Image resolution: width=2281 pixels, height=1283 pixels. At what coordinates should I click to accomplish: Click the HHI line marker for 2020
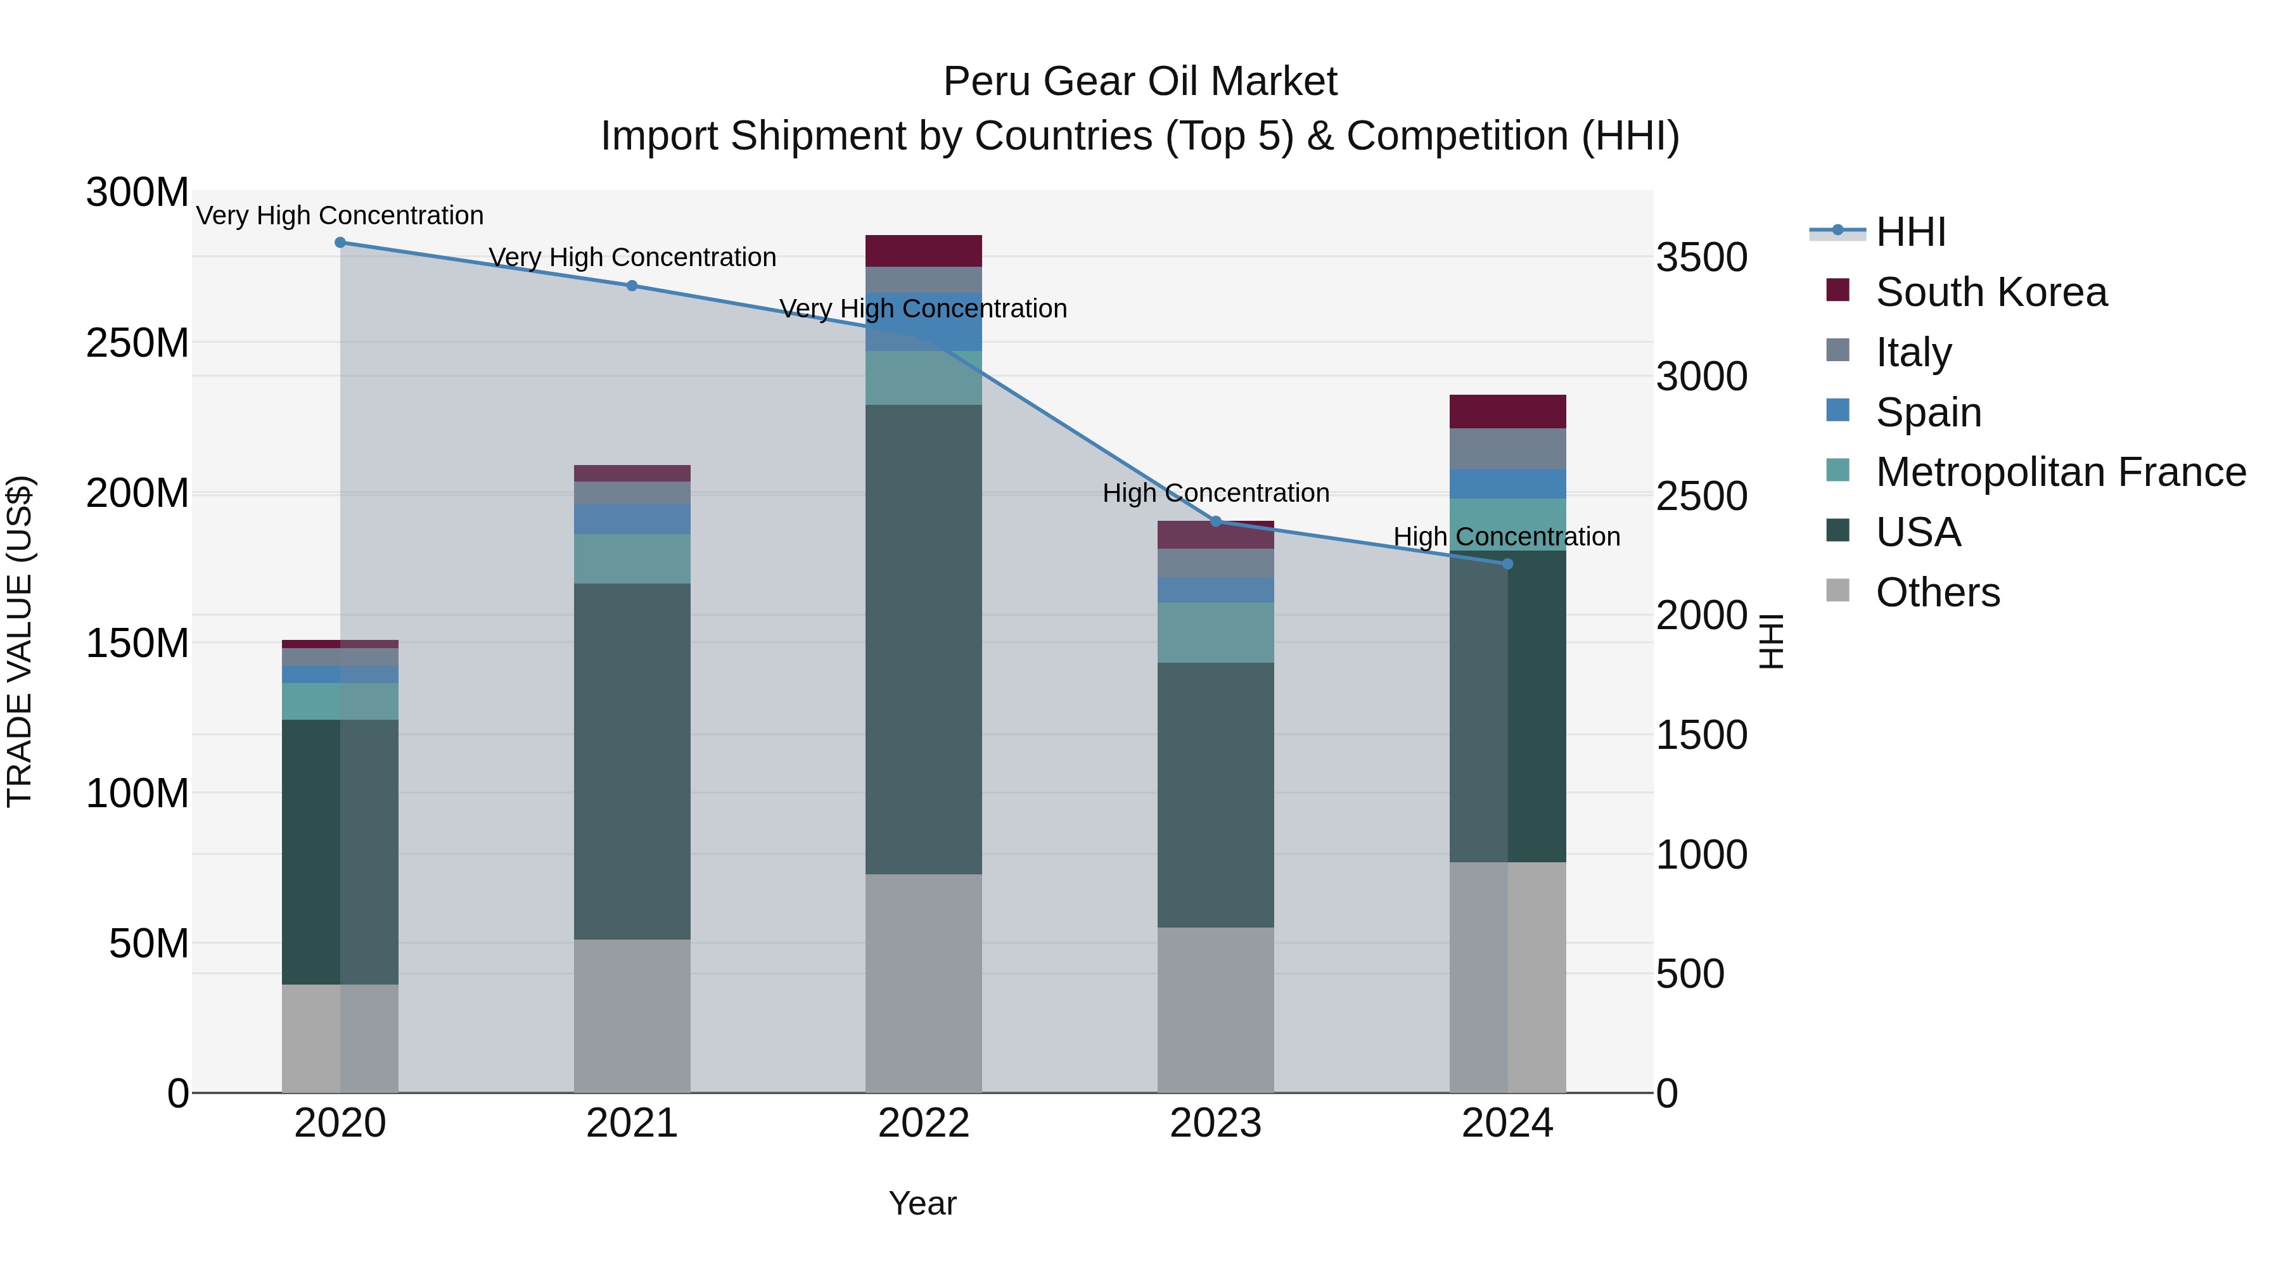coord(340,243)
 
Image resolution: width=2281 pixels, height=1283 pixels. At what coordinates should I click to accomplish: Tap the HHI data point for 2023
coord(1216,521)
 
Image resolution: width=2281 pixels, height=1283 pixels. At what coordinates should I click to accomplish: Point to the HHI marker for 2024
coord(1508,564)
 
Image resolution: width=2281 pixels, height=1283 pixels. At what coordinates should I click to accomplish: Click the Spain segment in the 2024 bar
coord(1508,484)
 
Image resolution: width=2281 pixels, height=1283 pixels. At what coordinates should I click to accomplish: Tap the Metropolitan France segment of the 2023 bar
coord(1216,633)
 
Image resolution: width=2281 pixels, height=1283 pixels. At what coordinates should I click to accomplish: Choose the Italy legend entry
coord(1914,352)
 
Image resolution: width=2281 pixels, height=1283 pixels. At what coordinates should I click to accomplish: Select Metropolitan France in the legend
coord(2061,472)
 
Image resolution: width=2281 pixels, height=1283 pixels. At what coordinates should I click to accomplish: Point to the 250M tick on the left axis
coord(137,343)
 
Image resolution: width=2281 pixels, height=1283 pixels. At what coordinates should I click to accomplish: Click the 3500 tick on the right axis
coord(1702,258)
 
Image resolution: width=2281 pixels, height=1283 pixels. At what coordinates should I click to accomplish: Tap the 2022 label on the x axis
coord(924,1123)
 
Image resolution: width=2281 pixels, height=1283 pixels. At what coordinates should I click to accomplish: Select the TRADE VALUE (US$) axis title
coord(20,642)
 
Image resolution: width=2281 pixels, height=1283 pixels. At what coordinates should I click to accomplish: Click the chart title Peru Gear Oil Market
coord(1140,82)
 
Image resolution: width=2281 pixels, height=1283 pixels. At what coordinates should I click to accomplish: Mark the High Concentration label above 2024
coord(1507,537)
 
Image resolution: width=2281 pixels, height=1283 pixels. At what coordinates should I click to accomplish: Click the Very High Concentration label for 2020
coord(340,216)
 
